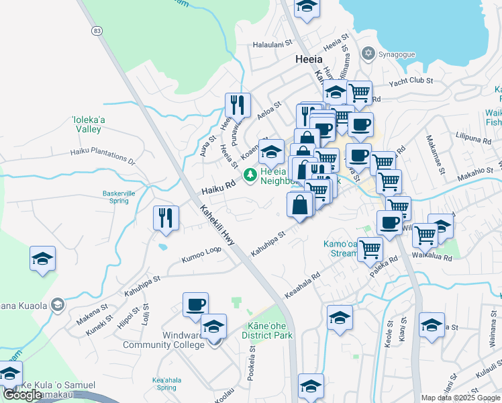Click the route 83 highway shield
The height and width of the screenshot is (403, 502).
pyautogui.click(x=98, y=31)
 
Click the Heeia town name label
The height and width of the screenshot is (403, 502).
pyautogui.click(x=311, y=58)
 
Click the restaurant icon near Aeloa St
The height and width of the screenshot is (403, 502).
pyautogui.click(x=238, y=104)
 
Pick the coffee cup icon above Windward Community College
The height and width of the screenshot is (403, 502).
pyautogui.click(x=196, y=304)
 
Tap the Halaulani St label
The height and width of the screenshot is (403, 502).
pyautogui.click(x=273, y=42)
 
